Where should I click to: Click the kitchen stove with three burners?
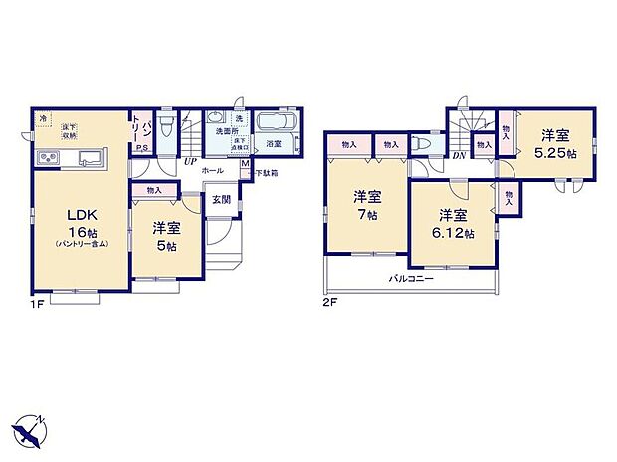[x=47, y=159]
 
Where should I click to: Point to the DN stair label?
[x=459, y=157]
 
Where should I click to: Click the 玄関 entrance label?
[x=220, y=199]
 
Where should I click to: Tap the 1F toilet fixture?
[x=167, y=126]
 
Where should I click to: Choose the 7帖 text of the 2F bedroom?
[x=367, y=214]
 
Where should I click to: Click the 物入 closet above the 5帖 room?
[x=153, y=190]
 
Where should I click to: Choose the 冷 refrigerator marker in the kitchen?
[x=43, y=119]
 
